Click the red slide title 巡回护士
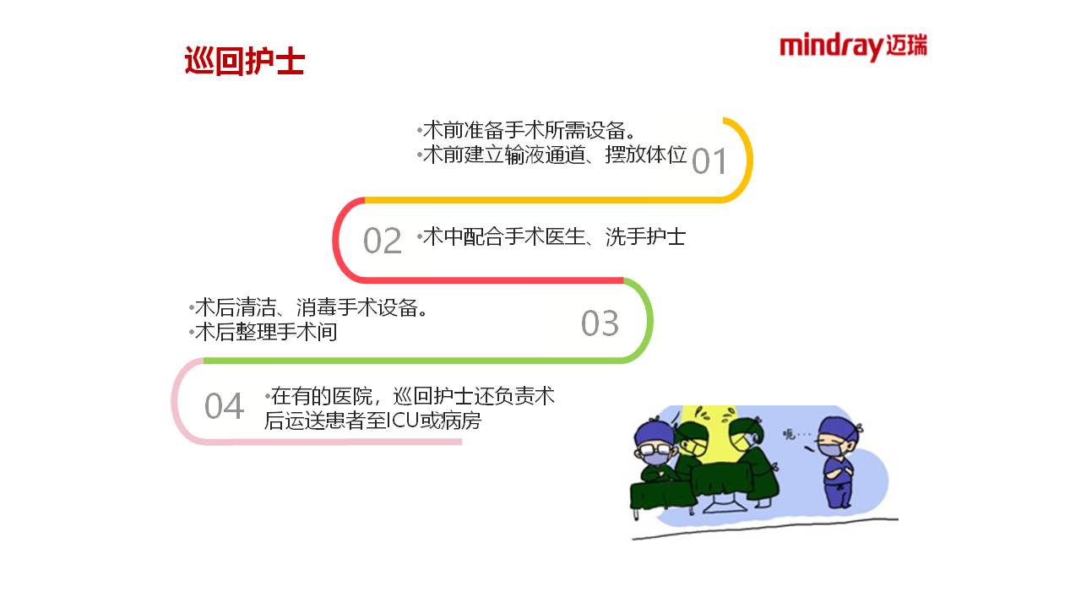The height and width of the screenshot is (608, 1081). click(x=244, y=62)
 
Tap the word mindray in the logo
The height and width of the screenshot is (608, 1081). click(x=832, y=46)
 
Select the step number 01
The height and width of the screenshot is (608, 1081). click(x=709, y=161)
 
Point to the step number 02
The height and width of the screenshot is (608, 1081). click(x=383, y=241)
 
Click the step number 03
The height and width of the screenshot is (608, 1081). click(x=600, y=323)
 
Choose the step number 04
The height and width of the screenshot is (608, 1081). click(x=224, y=406)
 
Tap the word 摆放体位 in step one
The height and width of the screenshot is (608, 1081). click(x=646, y=155)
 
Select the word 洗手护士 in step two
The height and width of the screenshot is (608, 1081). click(x=645, y=236)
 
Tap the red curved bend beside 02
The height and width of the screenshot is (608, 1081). click(x=336, y=239)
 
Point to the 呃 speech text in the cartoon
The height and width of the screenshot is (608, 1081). click(x=789, y=434)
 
